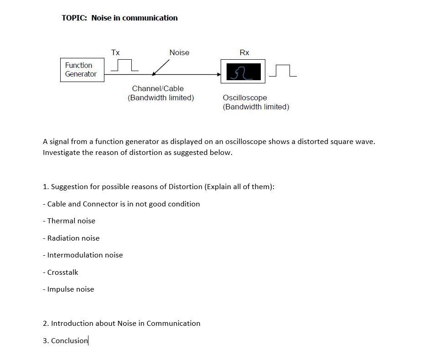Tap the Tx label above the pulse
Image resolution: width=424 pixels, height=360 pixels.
115,52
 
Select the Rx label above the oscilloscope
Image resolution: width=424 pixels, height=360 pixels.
244,52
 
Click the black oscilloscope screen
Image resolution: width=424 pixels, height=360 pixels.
243,72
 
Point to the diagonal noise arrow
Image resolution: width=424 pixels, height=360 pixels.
160,68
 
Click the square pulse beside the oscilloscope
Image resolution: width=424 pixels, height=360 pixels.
283,71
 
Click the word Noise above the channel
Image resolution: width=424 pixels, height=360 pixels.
179,52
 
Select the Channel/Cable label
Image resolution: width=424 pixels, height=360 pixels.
158,88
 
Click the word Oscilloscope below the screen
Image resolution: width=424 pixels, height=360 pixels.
245,98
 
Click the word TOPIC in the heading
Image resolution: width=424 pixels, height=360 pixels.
74,18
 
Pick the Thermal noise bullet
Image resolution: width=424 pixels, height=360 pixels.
71,221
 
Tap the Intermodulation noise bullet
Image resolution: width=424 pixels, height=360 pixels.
85,255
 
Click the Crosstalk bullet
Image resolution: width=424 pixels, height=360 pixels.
62,273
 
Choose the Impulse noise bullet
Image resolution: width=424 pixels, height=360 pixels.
70,289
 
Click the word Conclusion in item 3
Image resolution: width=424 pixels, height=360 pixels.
69,341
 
